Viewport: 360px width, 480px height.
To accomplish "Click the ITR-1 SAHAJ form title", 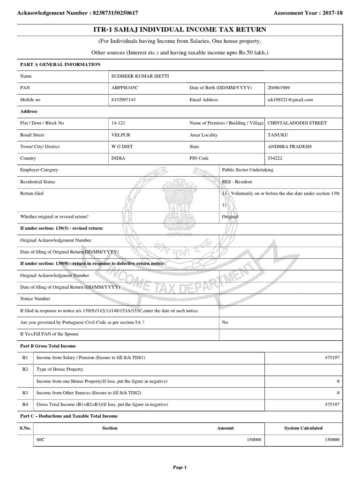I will coord(180,30).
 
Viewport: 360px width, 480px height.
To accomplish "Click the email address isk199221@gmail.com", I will coord(290,100).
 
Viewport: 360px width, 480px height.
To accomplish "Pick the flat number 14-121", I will coord(118,123).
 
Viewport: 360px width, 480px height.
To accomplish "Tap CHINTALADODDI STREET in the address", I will coord(297,123).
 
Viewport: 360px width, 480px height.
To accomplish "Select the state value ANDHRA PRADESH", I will coord(289,146).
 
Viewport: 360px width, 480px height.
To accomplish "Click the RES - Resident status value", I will coord(237,181).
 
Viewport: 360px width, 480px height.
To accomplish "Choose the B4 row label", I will coord(25,404).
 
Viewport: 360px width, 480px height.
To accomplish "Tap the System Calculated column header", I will coord(303,428).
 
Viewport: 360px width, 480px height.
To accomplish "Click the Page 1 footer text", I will coord(180,467).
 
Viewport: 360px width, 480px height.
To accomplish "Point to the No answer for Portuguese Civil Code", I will coord(225,322).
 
